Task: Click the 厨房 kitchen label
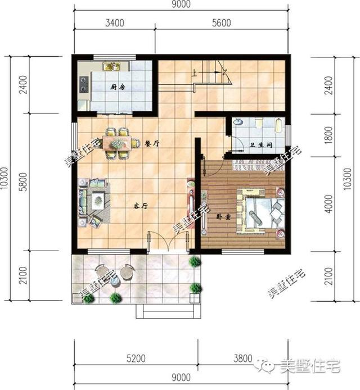point(117,87)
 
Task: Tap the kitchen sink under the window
point(110,66)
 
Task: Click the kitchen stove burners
point(84,84)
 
